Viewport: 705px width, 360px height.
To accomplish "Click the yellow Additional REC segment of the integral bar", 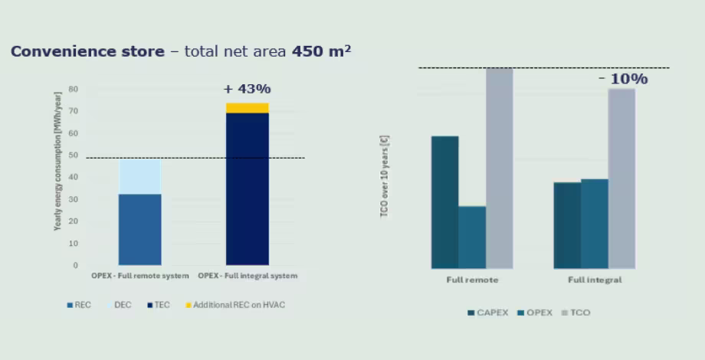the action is (x=248, y=108).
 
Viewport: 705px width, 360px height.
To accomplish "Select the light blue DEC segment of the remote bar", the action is (x=139, y=177).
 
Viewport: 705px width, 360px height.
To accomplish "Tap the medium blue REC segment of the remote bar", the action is (x=139, y=229).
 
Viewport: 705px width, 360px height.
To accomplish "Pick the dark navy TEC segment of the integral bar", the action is (x=248, y=188).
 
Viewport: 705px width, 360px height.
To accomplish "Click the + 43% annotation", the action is (x=248, y=89).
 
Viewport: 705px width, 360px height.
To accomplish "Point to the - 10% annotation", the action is (x=623, y=79).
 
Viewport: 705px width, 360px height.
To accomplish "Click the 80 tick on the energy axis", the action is (x=74, y=89).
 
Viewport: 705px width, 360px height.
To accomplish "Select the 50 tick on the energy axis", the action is (x=74, y=155).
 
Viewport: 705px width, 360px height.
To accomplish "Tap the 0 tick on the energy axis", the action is (x=76, y=265).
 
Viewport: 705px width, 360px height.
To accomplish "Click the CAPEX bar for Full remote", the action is (x=445, y=202).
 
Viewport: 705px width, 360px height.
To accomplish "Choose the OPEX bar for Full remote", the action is (x=472, y=237).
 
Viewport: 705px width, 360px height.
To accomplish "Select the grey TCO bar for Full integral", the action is (x=621, y=178).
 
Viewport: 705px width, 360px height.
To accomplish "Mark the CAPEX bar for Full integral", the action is (x=567, y=226).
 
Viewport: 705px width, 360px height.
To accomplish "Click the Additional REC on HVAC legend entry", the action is (x=235, y=305).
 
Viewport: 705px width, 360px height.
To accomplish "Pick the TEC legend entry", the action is (x=159, y=305).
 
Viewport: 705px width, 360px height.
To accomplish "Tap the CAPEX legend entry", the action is (x=488, y=313).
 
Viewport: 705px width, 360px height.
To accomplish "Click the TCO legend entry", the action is (x=576, y=313).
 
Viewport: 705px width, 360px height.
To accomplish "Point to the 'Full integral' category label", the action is (x=595, y=280).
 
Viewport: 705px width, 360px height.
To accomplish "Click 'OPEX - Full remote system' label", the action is (x=139, y=276).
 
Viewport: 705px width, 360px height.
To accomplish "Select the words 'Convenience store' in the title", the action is (x=87, y=51).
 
